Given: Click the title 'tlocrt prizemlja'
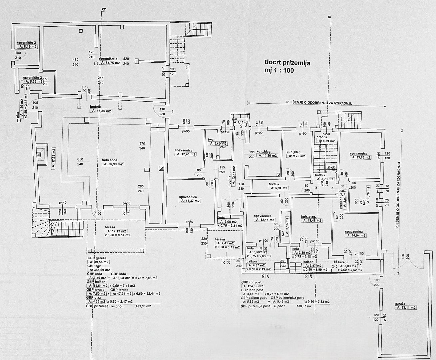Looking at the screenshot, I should pyautogui.click(x=287, y=62).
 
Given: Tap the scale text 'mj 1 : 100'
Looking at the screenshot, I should pyautogui.click(x=279, y=70).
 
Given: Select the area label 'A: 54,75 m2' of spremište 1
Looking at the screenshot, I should pyautogui.click(x=111, y=63).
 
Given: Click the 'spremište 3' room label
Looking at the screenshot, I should pyautogui.click(x=26, y=43).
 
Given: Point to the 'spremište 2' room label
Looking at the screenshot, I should pyautogui.click(x=32, y=78).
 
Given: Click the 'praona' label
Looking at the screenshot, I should pyautogui.click(x=322, y=137).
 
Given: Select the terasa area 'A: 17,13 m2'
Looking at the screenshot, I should pyautogui.click(x=116, y=231).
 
